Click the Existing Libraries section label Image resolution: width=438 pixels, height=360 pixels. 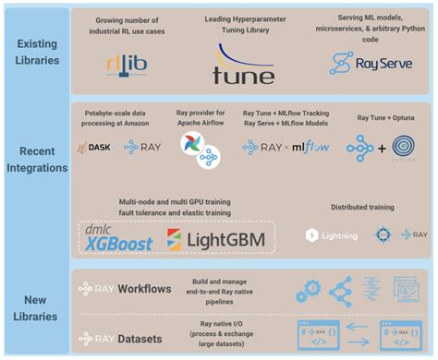click(x=36, y=50)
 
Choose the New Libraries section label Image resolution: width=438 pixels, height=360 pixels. click(x=36, y=304)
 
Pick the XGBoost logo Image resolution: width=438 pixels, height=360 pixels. click(x=119, y=237)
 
